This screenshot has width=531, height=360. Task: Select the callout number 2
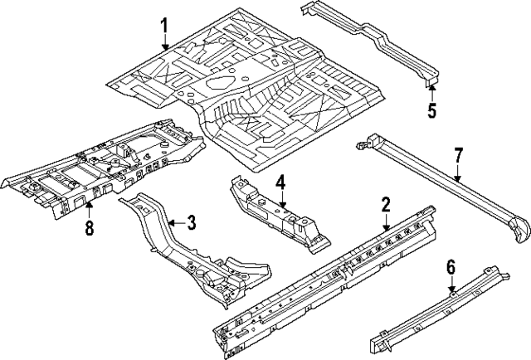(385, 205)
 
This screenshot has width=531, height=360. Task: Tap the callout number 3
(191, 222)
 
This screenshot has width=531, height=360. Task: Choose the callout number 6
(451, 267)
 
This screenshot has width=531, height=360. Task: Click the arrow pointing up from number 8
(89, 207)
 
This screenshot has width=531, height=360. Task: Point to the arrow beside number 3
(174, 222)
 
